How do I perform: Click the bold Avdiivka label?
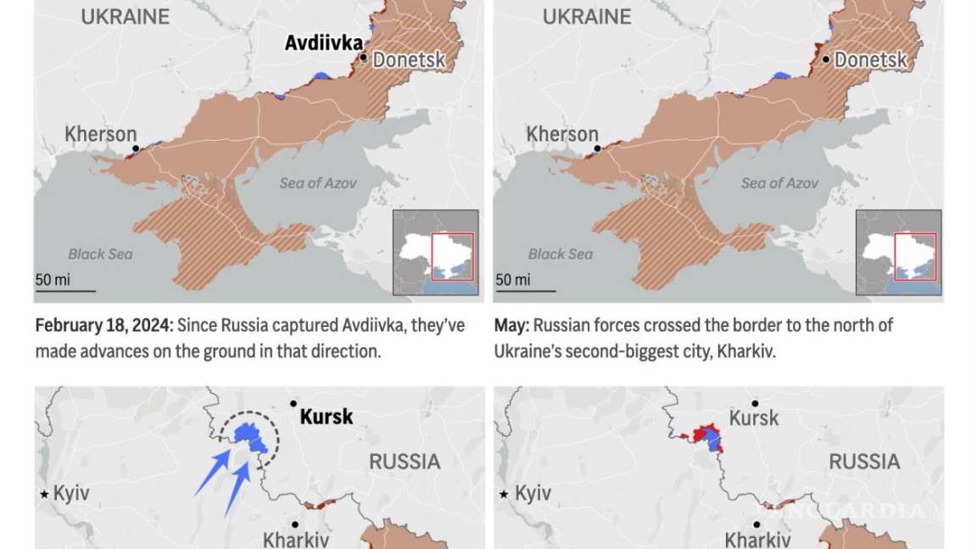[323, 42]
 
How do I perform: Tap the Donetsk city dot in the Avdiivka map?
[364, 58]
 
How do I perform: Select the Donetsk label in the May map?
[870, 60]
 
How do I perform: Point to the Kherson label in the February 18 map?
[101, 134]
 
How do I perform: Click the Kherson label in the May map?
[562, 134]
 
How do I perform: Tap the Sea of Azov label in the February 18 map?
[318, 183]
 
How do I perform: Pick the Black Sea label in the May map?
[561, 253]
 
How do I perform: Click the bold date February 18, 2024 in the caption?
[102, 325]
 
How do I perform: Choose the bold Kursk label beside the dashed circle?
[327, 417]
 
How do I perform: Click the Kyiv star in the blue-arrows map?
[44, 494]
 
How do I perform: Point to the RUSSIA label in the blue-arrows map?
[405, 462]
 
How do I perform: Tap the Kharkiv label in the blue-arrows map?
[296, 539]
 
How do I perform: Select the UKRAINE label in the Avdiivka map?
[126, 16]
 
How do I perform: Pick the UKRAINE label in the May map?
[587, 16]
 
